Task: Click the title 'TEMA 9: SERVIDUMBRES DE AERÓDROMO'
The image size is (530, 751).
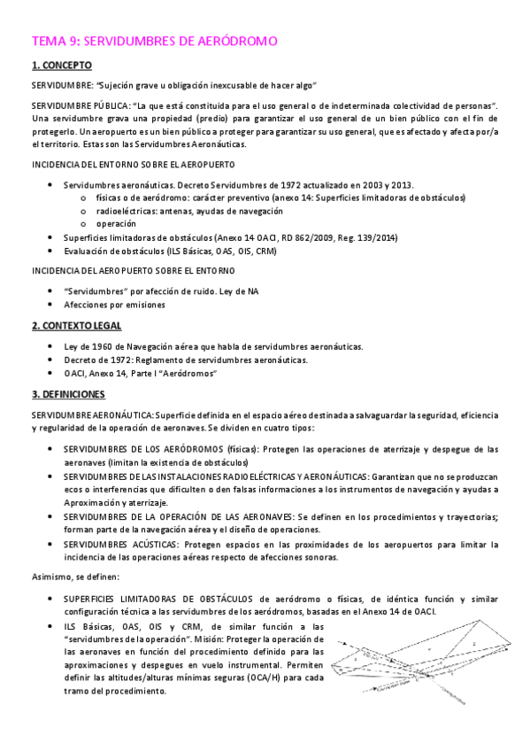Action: point(155,41)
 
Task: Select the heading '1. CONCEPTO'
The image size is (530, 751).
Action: point(61,66)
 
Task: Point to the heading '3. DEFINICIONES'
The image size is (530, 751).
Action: point(68,393)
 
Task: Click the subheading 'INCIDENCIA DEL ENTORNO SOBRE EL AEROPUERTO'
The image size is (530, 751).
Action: point(133,165)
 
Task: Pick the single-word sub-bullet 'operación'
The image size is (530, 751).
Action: point(116,224)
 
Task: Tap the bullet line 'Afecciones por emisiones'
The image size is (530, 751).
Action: point(114,305)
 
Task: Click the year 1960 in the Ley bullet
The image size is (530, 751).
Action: point(103,346)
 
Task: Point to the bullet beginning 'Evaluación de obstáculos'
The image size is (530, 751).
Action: point(170,251)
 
